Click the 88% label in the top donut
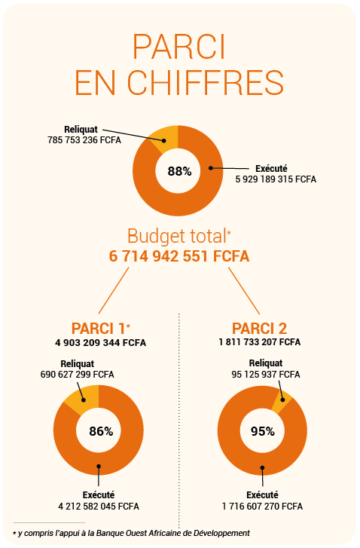point(179,171)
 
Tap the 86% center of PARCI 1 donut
point(101,431)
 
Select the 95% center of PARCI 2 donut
point(263,431)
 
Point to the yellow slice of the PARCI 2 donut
point(282,402)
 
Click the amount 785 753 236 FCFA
point(84,140)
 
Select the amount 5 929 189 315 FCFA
point(276,179)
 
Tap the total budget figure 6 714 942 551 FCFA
point(179,256)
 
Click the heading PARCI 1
point(98,329)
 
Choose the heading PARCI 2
point(259,329)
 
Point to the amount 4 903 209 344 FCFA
point(101,342)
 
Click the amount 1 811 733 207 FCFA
point(259,341)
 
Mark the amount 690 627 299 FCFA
point(77,375)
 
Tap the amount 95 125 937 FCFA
point(266,375)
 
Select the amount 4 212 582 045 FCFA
point(99,507)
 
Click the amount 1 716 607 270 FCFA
point(262,507)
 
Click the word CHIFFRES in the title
point(206,82)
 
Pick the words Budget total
point(177,236)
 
